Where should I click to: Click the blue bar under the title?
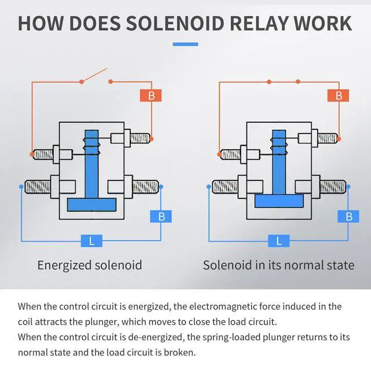(x=185, y=44)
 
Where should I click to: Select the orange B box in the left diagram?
(x=151, y=96)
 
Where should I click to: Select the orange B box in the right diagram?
(x=339, y=96)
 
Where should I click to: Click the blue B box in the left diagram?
(x=161, y=216)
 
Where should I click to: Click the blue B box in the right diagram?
(x=348, y=216)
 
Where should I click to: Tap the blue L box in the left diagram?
(x=91, y=240)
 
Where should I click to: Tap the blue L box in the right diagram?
(x=279, y=240)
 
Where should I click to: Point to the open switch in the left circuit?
(x=95, y=76)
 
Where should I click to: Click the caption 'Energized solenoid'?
(x=89, y=265)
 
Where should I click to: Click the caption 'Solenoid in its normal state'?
(x=278, y=265)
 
